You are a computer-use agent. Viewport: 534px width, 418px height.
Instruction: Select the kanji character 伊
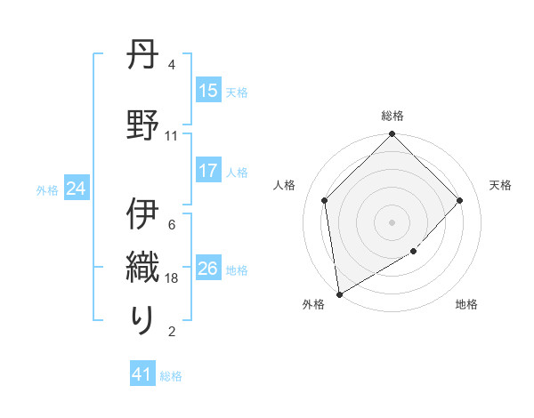pos(143,215)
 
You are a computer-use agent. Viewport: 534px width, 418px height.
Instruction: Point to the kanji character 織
pos(143,266)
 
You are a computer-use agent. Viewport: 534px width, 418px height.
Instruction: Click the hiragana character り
pos(143,319)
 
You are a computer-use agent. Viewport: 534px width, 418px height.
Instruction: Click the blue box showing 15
pos(208,91)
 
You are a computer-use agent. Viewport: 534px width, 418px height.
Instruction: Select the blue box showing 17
pos(208,172)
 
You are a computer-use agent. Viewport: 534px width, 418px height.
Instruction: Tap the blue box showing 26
pos(208,269)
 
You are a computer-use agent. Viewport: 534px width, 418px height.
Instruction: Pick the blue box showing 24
pos(76,189)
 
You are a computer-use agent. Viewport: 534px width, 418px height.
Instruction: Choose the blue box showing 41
pos(142,375)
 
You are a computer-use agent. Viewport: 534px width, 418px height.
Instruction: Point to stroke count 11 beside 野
pos(172,136)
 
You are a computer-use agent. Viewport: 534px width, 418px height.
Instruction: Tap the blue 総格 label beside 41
pos(171,376)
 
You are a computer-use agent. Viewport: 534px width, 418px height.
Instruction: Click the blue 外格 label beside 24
pos(48,189)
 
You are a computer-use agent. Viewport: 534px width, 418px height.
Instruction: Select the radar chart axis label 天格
pos(500,185)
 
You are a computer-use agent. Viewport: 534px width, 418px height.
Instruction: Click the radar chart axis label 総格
pos(392,116)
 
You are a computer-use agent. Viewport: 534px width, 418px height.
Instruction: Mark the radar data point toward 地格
pos(414,252)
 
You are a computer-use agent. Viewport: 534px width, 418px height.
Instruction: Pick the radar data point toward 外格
pos(339,294)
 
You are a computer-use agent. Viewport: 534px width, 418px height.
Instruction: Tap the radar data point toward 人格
pos(325,200)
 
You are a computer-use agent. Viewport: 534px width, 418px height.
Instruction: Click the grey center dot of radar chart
pos(392,221)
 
